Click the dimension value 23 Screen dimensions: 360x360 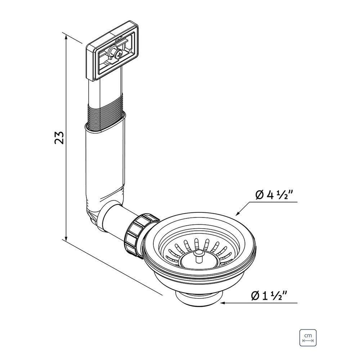click(59, 137)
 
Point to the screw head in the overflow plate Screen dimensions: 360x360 click(119, 54)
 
